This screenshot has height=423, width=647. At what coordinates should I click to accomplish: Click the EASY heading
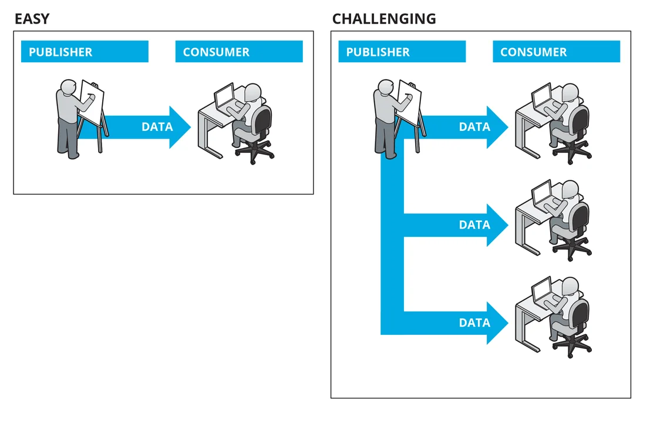coord(32,19)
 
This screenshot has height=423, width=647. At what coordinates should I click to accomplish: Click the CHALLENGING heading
coord(384,19)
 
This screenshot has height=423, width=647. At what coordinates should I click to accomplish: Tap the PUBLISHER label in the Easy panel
coord(60,52)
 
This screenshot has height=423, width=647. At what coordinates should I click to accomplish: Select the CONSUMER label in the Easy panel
coord(216,52)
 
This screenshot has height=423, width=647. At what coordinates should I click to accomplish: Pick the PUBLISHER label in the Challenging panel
coord(378,52)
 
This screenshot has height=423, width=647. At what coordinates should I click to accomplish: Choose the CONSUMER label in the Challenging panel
coord(533,52)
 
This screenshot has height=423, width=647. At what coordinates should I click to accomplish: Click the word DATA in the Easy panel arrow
coord(157,127)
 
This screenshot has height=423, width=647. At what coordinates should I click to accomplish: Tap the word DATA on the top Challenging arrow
coord(474,127)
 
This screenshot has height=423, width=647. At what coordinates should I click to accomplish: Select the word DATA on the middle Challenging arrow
coord(474,225)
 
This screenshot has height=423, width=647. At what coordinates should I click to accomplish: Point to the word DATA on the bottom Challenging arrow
coord(474,323)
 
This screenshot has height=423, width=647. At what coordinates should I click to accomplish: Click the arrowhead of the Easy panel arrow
coord(180,127)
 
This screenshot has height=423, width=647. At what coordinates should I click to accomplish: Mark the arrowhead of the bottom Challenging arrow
coord(497,323)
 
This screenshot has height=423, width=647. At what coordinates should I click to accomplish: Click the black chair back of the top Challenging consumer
coord(580,120)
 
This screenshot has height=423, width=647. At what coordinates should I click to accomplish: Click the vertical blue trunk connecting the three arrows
coord(392,247)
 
